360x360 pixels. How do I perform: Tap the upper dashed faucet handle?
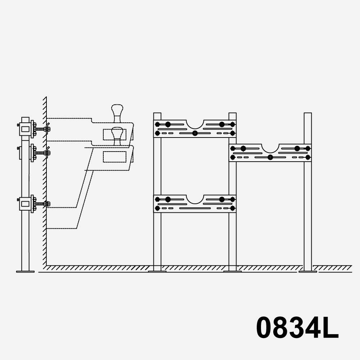117,113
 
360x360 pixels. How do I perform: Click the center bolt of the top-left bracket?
195,133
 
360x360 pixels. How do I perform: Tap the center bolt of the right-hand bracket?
270,157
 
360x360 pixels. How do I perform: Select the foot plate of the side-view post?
25,271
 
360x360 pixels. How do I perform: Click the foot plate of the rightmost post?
308,271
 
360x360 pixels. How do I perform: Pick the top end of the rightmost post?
308,113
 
